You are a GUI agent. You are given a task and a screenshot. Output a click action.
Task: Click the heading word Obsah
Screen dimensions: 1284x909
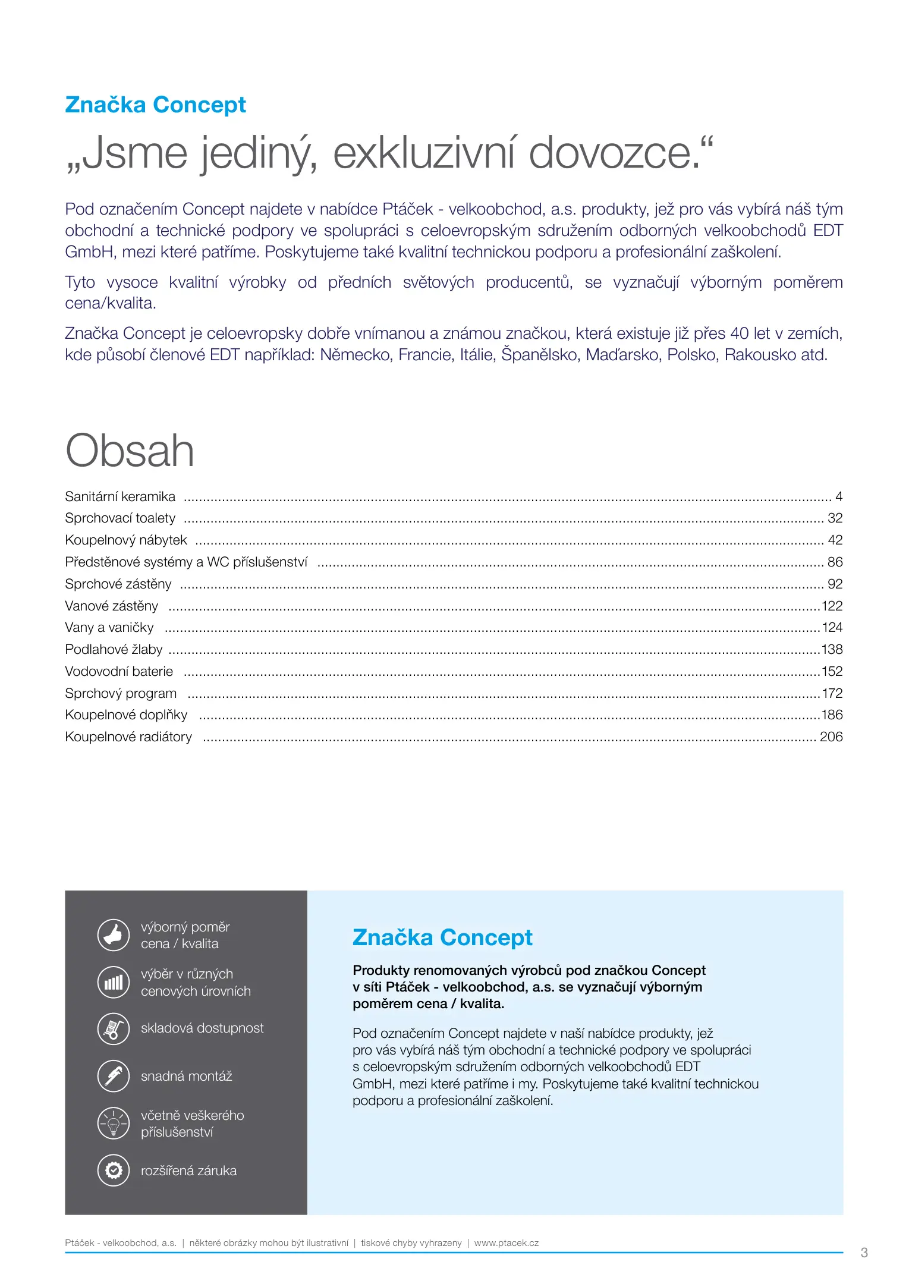coord(130,451)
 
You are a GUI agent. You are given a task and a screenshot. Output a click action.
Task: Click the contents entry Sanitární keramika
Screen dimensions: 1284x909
coord(120,496)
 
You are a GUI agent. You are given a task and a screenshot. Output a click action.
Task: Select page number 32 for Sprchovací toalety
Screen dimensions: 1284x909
coord(835,518)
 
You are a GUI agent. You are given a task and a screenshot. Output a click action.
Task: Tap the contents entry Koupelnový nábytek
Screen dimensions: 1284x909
coord(126,540)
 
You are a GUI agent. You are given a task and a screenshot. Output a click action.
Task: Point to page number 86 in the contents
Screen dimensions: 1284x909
coord(835,562)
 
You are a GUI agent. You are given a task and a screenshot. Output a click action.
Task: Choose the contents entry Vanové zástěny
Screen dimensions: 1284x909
coord(112,606)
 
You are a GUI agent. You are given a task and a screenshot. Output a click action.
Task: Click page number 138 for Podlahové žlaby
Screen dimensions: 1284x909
coord(832,649)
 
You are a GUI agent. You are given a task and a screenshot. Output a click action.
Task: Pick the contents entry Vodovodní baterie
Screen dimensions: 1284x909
coord(119,671)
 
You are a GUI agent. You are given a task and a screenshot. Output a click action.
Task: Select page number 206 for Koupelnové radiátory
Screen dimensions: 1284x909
coord(831,737)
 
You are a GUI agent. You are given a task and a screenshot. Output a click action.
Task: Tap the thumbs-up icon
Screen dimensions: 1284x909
coord(113,935)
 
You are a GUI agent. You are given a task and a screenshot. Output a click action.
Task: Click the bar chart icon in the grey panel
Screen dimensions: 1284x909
coord(113,982)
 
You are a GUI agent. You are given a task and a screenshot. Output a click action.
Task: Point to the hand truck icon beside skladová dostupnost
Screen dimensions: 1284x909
coord(113,1028)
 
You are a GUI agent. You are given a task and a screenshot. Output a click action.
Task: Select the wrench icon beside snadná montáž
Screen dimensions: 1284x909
coord(113,1076)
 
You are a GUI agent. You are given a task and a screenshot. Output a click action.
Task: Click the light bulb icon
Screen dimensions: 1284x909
coord(113,1123)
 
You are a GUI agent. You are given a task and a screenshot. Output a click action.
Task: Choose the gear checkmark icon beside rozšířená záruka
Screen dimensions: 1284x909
coord(113,1170)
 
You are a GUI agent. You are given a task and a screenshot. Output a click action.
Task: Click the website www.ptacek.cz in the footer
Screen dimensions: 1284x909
coord(507,1243)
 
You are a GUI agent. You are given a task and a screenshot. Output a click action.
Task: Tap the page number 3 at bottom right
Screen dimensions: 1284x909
coord(864,1252)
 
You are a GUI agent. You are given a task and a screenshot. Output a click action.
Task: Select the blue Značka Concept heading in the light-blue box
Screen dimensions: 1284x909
coord(442,937)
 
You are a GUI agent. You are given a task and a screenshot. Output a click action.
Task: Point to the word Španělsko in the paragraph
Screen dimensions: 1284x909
coord(540,355)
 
